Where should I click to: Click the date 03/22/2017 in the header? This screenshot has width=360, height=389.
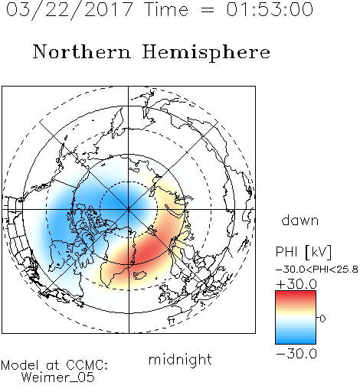(70, 10)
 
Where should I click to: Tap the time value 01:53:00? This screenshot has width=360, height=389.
(270, 9)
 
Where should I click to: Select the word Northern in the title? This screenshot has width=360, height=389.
(82, 52)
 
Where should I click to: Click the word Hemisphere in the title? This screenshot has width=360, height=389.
(206, 53)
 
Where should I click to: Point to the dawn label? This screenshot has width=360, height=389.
(300, 221)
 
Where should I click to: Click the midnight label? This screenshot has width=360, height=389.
(180, 360)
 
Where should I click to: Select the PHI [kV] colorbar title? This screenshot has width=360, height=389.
(303, 252)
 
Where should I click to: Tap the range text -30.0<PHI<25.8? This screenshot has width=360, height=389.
(317, 270)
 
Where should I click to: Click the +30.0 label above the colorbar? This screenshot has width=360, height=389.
(296, 284)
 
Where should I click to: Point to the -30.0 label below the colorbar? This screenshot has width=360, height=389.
(296, 354)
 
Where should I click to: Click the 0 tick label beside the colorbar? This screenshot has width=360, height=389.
(322, 319)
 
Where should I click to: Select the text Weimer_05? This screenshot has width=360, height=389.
(58, 378)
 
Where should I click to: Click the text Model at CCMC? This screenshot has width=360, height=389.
(54, 365)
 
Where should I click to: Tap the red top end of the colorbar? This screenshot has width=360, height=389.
(296, 293)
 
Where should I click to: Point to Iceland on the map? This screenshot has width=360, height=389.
(139, 275)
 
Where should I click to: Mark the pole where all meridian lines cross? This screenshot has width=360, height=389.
(129, 209)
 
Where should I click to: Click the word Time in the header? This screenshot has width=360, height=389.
(166, 9)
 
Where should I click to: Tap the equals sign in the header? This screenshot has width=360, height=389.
(208, 10)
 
